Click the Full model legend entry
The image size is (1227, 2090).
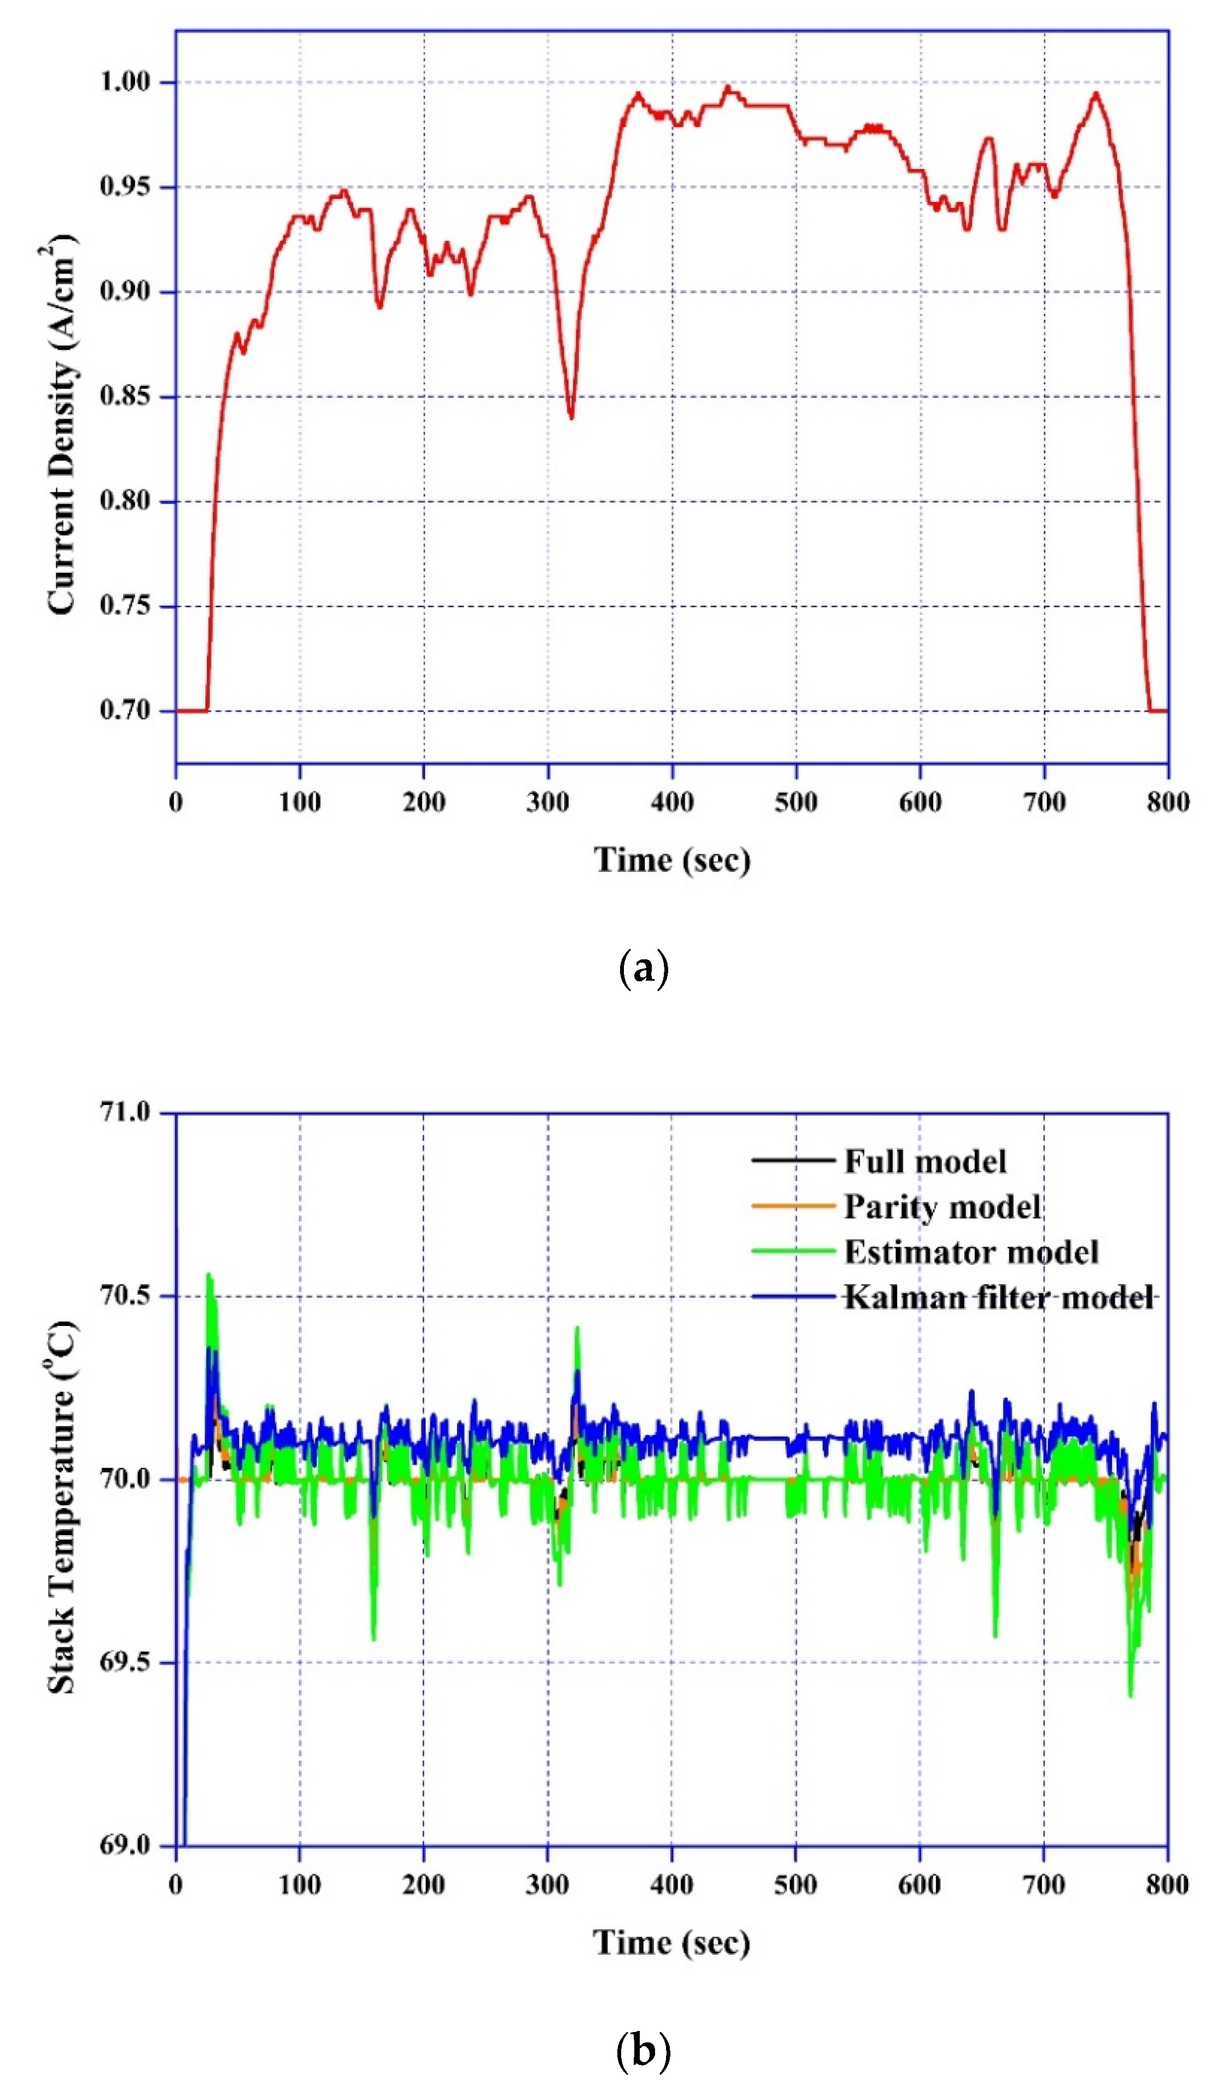tap(924, 1161)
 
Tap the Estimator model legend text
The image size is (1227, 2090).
tap(971, 1252)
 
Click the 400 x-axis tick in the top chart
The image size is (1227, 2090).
tap(672, 802)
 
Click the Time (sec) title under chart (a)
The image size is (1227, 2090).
tap(672, 860)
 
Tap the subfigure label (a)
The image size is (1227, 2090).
tap(643, 968)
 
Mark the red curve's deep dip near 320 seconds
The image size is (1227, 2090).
tap(571, 416)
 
